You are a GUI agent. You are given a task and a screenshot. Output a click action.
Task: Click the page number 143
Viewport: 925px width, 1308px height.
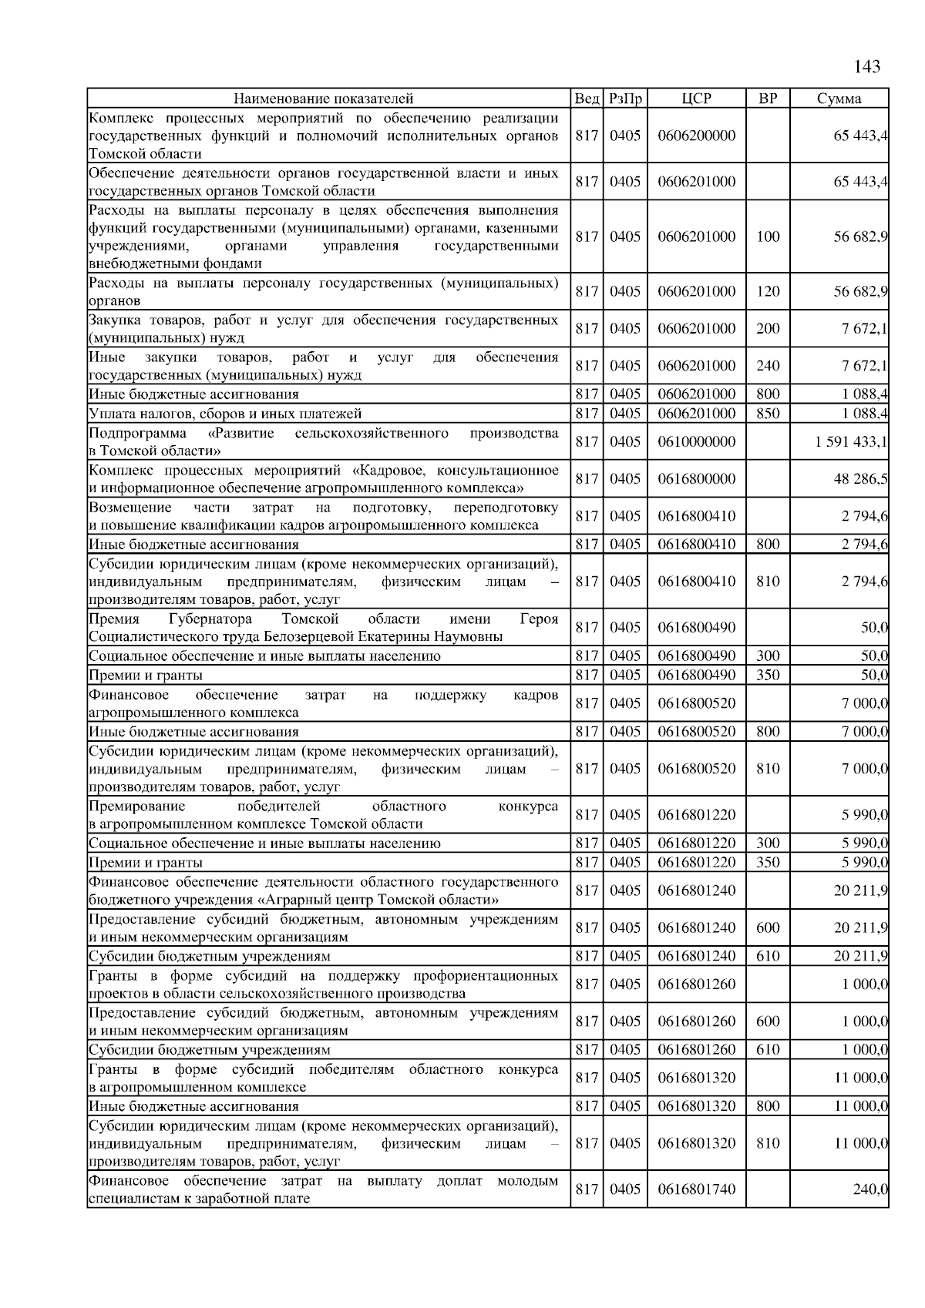coord(867,67)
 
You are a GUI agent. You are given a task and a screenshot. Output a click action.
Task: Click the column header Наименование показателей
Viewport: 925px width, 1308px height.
coord(324,99)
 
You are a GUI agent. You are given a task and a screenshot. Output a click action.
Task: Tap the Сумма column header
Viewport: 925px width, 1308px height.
coord(839,99)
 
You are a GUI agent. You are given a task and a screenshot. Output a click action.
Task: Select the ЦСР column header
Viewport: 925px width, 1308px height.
coord(697,99)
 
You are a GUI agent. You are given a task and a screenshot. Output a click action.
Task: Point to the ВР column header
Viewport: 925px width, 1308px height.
coord(768,99)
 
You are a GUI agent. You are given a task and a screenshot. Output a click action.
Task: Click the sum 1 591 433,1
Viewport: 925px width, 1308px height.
coord(850,442)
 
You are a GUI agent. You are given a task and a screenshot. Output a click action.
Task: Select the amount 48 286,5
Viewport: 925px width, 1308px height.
coord(860,479)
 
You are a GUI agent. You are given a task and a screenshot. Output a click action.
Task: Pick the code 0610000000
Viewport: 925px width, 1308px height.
coord(697,442)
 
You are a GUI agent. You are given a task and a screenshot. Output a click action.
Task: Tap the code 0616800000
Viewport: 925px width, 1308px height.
coord(697,479)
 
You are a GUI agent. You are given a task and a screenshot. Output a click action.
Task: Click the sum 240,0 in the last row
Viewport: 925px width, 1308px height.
coord(870,1189)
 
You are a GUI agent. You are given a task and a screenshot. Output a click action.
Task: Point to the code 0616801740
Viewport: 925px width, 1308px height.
coord(697,1189)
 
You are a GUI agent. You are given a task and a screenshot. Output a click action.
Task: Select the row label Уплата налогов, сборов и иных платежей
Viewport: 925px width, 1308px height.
coord(225,414)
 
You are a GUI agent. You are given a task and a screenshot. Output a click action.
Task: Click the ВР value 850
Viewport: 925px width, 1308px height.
coord(768,414)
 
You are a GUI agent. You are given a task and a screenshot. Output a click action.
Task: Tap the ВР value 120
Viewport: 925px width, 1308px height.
coord(768,292)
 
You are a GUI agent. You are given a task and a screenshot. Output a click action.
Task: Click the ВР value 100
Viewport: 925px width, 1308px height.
coord(768,237)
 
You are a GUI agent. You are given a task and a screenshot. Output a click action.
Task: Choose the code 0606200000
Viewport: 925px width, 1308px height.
coord(697,136)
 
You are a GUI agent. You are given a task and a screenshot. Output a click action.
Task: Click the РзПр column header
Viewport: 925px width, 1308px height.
coord(625,99)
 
